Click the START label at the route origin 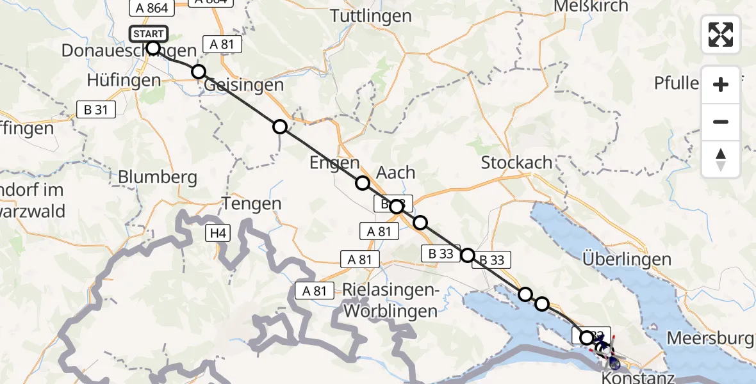(x=149, y=33)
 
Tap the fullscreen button (x=721, y=35)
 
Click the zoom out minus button (x=721, y=122)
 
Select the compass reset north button (x=721, y=159)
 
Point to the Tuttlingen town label (x=371, y=16)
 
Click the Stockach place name (x=516, y=163)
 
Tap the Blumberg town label (x=158, y=177)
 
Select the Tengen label (x=252, y=204)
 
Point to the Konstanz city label (x=637, y=378)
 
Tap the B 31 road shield (x=95, y=109)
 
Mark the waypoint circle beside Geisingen (x=199, y=72)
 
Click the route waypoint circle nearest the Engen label (x=363, y=184)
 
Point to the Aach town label (x=395, y=173)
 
